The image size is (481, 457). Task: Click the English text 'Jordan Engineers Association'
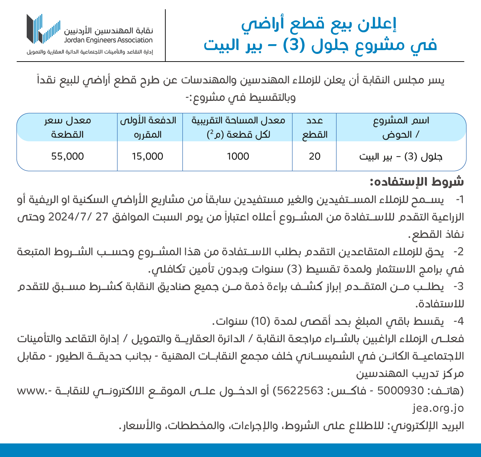tap(108, 40)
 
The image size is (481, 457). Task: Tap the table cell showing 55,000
tap(68, 157)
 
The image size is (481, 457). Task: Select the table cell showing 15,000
tap(147, 157)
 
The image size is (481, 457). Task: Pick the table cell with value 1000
tap(238, 157)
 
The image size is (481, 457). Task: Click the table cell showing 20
tap(314, 157)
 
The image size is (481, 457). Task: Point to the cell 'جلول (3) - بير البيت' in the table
tap(401, 157)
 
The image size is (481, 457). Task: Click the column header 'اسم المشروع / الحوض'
tap(401, 128)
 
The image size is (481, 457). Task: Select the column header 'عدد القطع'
tap(315, 128)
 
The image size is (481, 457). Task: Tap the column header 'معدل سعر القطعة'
tap(68, 128)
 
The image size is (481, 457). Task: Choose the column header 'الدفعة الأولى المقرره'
tap(148, 128)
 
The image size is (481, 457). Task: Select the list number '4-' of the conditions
tap(459, 321)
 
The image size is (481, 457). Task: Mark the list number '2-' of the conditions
tap(459, 252)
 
